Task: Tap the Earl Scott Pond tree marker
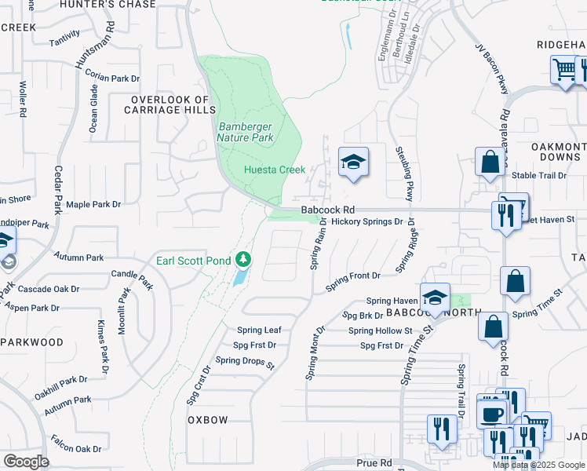point(244,259)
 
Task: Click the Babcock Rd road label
point(328,210)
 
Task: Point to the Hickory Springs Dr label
point(366,222)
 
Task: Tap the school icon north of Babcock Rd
point(353,163)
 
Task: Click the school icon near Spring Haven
point(434,298)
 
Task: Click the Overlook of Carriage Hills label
point(170,105)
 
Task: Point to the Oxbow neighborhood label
point(208,420)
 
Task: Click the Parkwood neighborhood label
point(31,342)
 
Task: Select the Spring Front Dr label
point(353,276)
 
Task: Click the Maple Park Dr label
point(93,204)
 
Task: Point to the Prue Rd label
point(374,464)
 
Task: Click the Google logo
point(25,462)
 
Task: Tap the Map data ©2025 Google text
point(538,465)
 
